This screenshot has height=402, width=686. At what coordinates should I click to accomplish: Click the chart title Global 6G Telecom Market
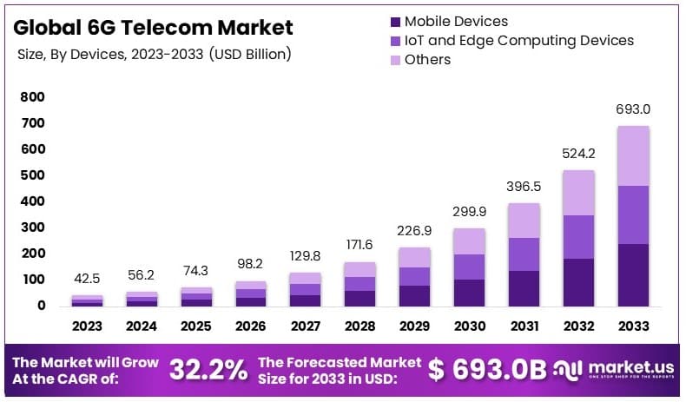tap(154, 27)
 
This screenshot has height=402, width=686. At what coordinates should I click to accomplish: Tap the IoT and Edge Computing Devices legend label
tap(519, 40)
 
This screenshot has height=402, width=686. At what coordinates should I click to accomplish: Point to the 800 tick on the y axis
tap(33, 97)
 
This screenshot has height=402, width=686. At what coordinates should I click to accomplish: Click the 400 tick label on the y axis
tap(33, 201)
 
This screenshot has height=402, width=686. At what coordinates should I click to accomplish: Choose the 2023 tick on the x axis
tap(87, 326)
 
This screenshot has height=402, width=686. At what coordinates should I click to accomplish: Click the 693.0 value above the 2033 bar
tap(633, 110)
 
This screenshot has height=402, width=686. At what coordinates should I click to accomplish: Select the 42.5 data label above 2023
tap(87, 280)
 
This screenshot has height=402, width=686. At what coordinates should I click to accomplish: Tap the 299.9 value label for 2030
tap(470, 212)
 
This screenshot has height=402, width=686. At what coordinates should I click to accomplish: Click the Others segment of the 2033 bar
tap(633, 156)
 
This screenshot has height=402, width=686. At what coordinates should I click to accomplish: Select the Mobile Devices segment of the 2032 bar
tap(579, 282)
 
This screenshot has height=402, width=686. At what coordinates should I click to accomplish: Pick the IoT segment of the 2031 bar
tap(524, 254)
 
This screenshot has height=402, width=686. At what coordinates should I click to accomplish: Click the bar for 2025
tap(196, 296)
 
